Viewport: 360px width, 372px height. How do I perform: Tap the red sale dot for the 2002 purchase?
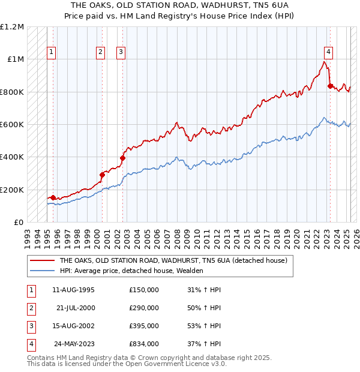(122, 158)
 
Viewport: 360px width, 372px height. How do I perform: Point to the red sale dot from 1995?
(53, 197)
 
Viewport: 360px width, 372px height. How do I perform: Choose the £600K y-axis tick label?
(12, 125)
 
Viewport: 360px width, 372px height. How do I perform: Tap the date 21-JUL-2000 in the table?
(76, 308)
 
